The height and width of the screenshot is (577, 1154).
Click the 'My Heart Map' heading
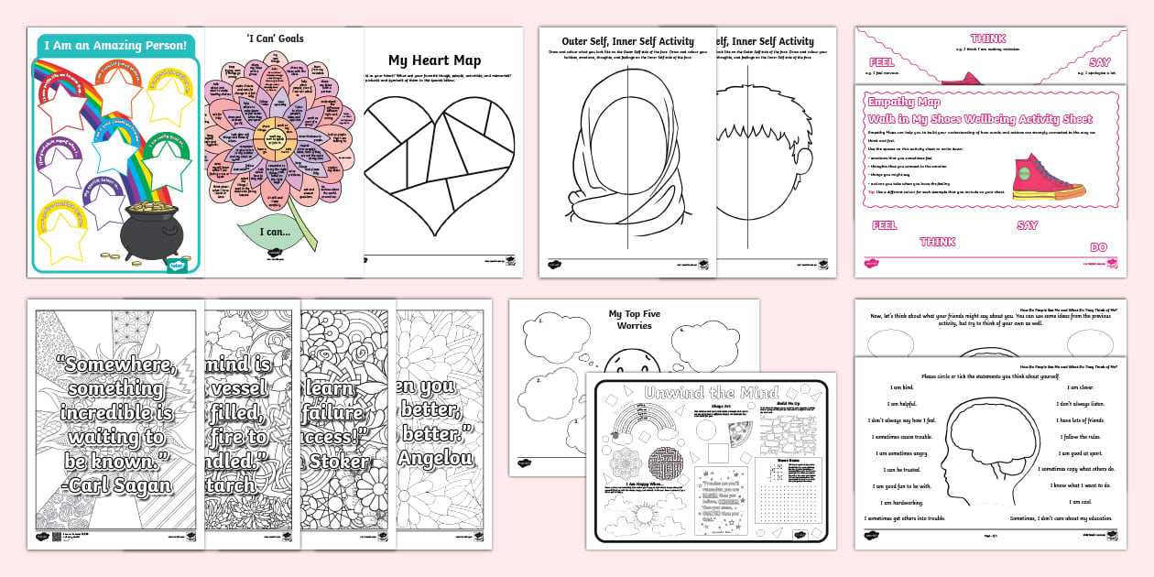[x=434, y=60]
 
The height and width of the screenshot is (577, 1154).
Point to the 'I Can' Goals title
[x=276, y=38]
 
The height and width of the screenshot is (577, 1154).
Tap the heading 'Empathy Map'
[x=903, y=103]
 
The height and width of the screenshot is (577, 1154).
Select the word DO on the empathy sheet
[x=1098, y=247]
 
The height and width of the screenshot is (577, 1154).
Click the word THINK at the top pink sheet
[x=988, y=38]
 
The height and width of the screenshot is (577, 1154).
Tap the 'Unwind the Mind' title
[x=712, y=393]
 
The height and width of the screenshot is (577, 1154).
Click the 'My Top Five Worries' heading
[x=634, y=320]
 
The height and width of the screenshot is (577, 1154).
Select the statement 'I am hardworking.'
[x=903, y=502]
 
